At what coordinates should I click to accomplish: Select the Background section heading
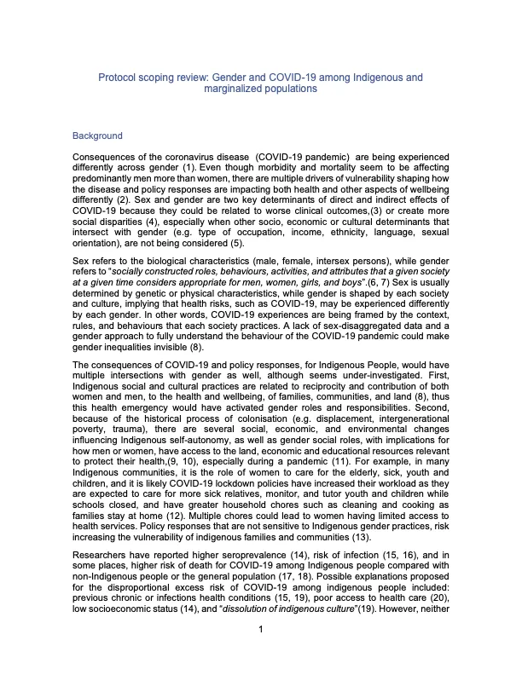click(x=97, y=136)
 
